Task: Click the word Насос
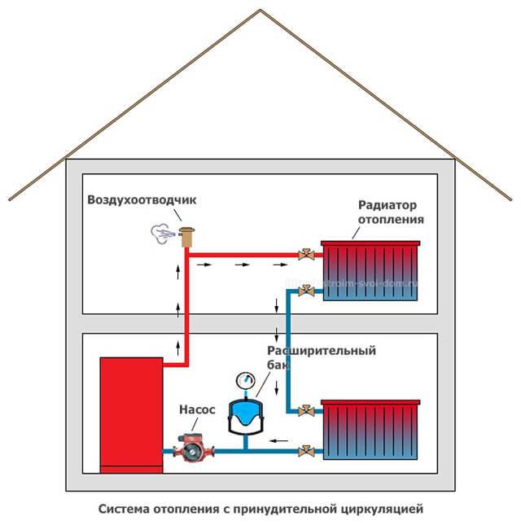click(x=197, y=410)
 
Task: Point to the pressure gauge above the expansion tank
click(x=244, y=380)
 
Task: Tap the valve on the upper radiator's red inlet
click(x=307, y=253)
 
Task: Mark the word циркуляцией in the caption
click(x=383, y=510)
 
